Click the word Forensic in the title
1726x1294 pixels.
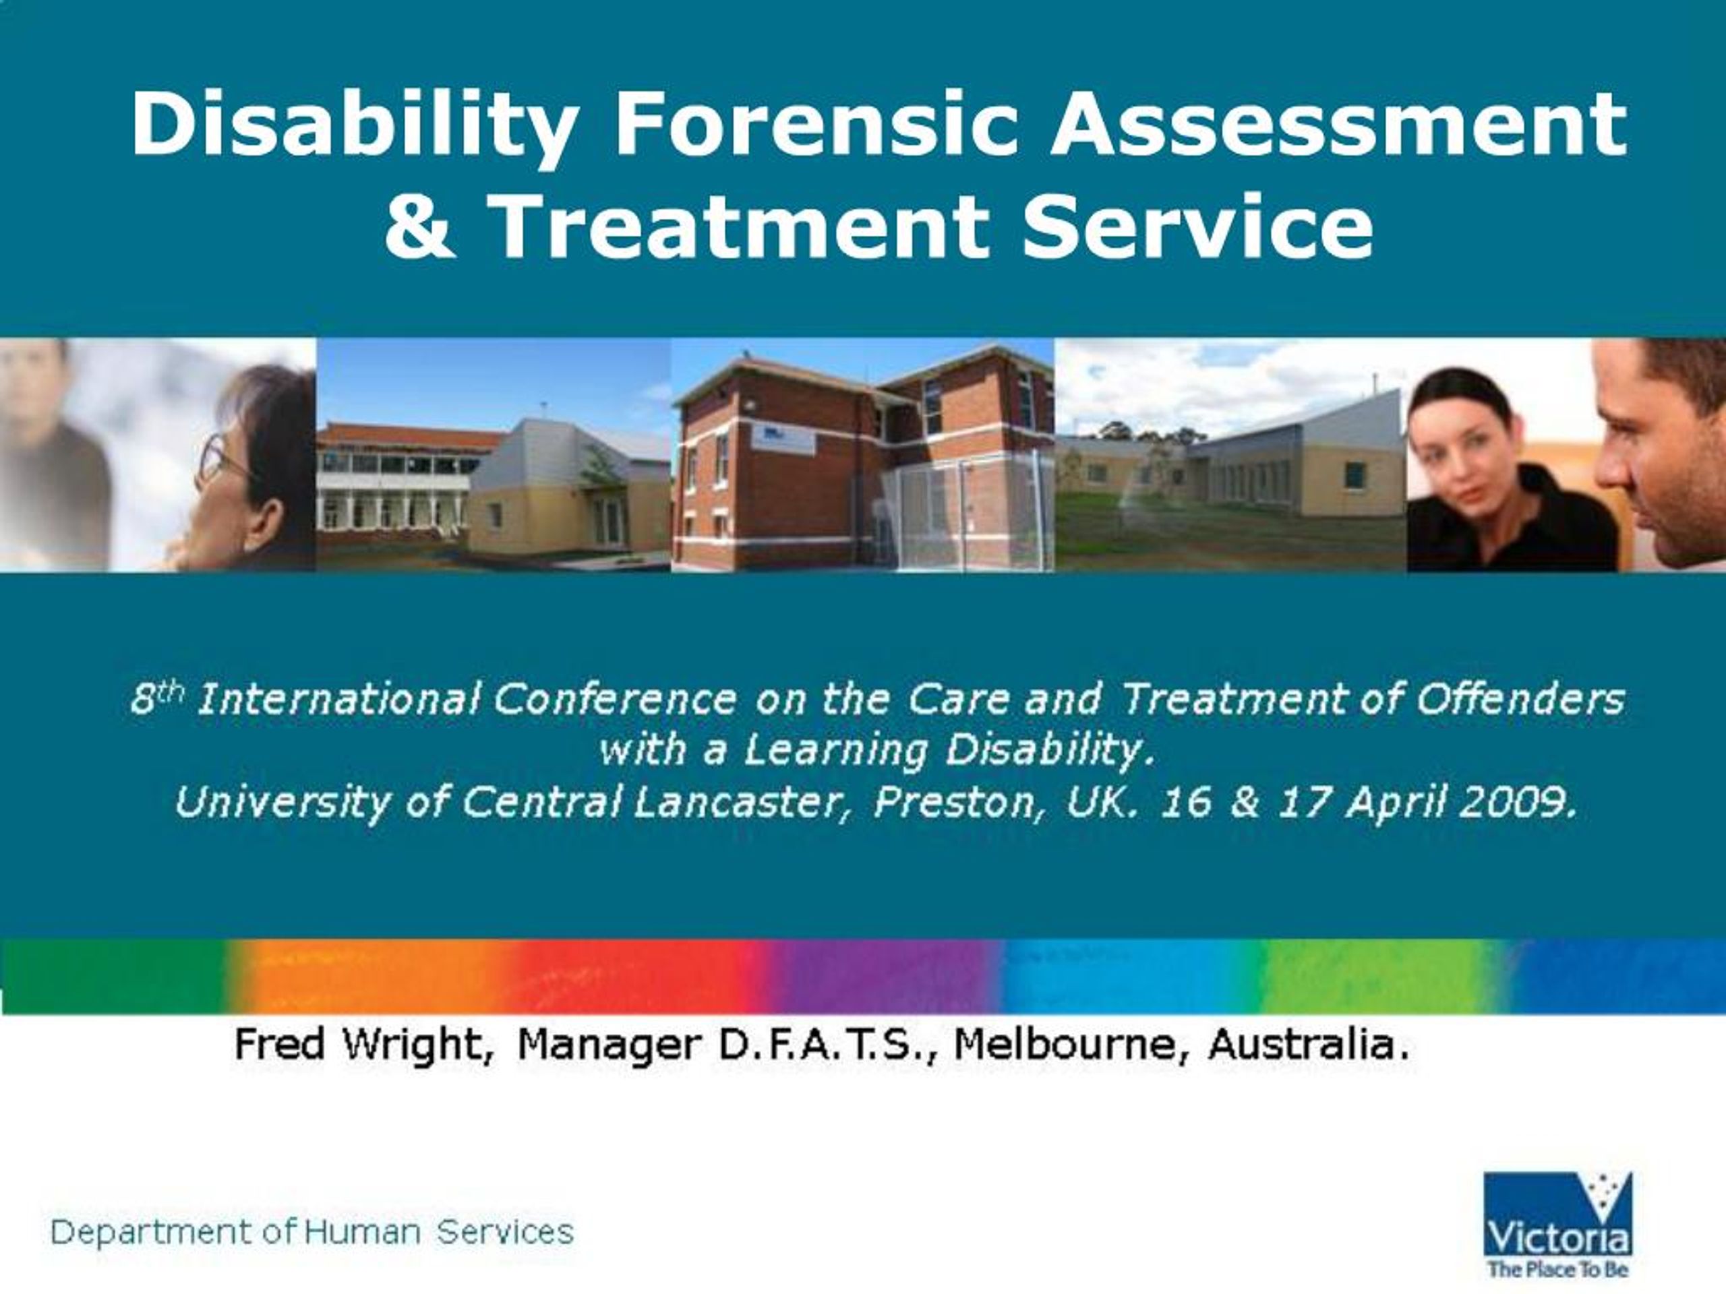point(817,124)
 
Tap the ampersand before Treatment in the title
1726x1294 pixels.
point(421,226)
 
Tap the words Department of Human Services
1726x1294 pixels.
point(312,1233)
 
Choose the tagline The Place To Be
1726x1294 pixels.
point(1557,1269)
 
